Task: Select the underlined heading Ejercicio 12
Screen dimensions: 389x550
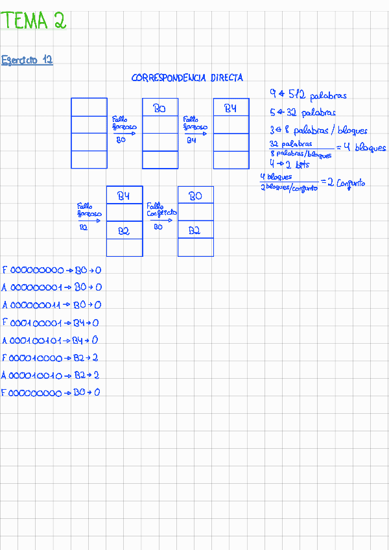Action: (x=27, y=60)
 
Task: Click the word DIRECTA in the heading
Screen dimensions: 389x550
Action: (x=226, y=78)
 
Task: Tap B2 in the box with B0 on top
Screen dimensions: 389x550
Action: (x=195, y=230)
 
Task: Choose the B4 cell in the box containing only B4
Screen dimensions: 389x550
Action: (x=231, y=108)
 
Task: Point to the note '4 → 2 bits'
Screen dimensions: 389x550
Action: (x=289, y=164)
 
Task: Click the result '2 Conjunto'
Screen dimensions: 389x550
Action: (x=347, y=183)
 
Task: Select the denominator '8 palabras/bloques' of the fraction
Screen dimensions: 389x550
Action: (x=301, y=154)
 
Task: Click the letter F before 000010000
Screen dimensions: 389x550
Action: (x=4, y=358)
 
